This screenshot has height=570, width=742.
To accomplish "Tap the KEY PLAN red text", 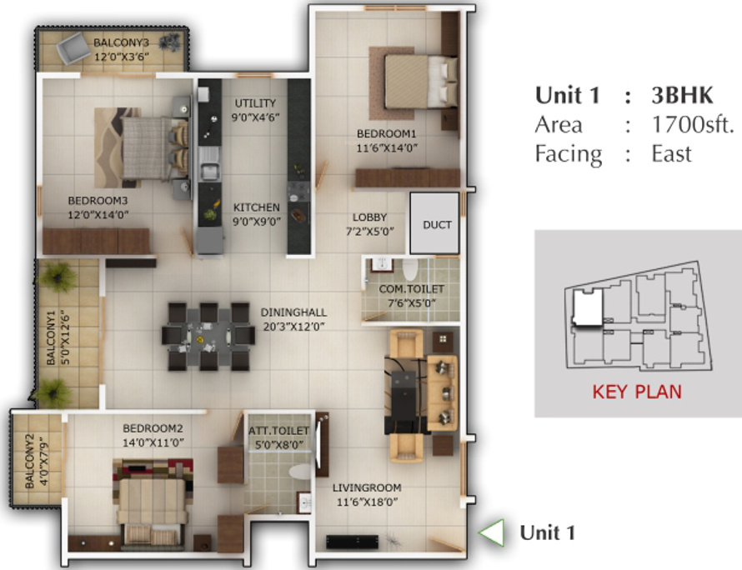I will [636, 391].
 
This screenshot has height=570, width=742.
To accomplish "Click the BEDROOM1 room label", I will [386, 133].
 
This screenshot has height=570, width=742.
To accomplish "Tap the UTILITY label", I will [255, 102].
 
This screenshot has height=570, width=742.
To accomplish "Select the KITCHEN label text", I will [256, 207].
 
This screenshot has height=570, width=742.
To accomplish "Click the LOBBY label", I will [369, 217].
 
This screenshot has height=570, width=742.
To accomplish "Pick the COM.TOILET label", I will [411, 289].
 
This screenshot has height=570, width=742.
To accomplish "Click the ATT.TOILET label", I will [278, 431].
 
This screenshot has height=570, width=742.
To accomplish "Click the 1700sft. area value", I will [693, 125].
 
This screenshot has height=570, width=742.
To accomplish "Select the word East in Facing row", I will [672, 154].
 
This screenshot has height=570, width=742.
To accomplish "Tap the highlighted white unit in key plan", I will [589, 308].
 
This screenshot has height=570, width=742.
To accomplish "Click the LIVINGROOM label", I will [367, 487].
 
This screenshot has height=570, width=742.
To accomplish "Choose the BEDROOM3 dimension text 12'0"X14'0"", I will [98, 214].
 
